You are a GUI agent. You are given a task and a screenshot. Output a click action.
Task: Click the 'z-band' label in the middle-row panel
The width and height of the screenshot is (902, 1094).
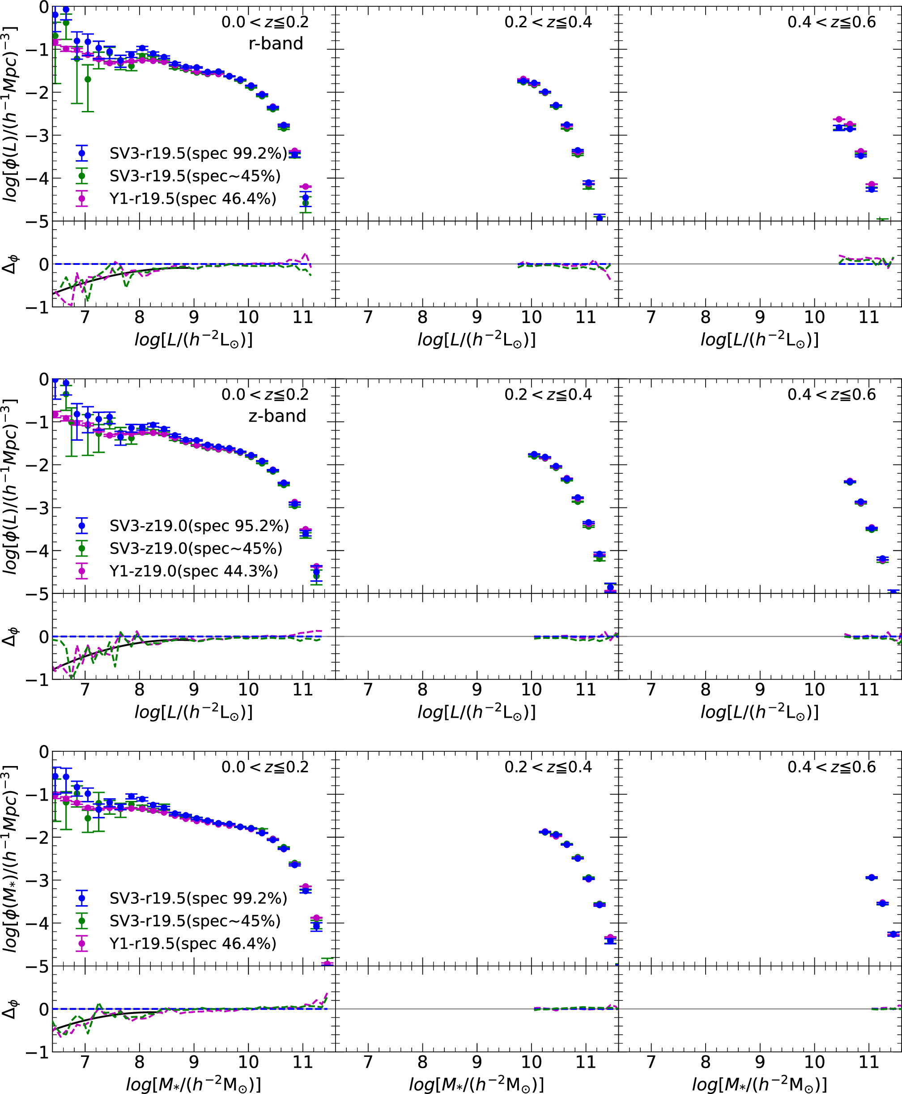[x=277, y=416]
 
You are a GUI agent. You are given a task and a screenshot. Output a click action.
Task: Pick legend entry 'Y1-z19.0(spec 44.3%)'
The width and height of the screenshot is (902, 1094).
[x=193, y=571]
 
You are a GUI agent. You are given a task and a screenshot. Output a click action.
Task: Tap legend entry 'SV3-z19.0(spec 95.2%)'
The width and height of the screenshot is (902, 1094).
[x=199, y=526]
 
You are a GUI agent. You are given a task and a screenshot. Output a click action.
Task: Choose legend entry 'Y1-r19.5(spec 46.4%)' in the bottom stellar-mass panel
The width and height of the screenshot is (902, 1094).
[x=193, y=943]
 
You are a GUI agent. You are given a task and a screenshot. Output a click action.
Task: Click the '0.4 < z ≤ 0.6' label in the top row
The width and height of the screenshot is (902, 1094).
[x=831, y=22]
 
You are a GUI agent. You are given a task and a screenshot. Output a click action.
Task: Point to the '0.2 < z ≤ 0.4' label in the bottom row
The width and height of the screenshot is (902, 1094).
[x=548, y=767]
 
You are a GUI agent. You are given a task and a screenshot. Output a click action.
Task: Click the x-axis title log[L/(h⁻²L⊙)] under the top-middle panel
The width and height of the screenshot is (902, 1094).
[x=477, y=340]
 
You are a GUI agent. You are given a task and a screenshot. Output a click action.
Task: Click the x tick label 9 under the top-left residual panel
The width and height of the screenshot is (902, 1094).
[x=194, y=317]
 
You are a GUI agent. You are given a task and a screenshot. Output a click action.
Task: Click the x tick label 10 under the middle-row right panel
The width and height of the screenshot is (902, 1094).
[x=814, y=690]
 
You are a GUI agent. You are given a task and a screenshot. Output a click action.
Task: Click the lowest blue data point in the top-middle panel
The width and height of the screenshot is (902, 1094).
[x=599, y=217]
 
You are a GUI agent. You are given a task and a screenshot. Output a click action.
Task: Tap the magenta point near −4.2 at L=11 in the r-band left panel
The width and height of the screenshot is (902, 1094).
[x=306, y=187]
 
